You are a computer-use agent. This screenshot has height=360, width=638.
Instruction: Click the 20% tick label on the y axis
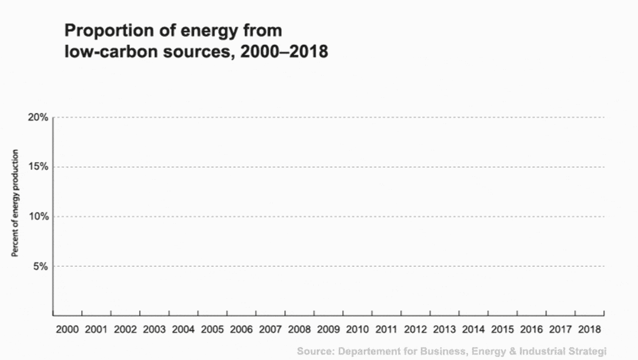[x=38, y=118]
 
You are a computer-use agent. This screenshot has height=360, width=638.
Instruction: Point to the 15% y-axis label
[x=38, y=167]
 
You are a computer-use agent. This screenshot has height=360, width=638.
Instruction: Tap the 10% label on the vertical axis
[x=38, y=216]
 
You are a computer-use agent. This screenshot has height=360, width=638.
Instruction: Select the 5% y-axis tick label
[x=41, y=266]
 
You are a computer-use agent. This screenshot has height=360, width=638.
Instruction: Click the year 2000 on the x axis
[x=67, y=330]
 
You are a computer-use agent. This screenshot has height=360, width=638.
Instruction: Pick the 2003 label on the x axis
[x=154, y=330]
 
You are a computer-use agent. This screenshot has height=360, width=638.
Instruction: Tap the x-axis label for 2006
[x=241, y=330]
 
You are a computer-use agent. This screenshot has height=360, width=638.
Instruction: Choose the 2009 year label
[x=328, y=330]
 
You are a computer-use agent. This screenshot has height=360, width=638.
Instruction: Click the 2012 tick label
[x=415, y=330]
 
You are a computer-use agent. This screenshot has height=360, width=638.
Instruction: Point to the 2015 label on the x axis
[x=502, y=330]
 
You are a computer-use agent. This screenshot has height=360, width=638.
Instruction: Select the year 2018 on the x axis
[x=590, y=330]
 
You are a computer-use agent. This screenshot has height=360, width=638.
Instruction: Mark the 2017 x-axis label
[x=561, y=330]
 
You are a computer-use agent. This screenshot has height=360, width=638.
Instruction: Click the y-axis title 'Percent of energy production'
[x=15, y=203]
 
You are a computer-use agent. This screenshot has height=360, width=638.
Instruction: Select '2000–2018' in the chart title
[x=284, y=51]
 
